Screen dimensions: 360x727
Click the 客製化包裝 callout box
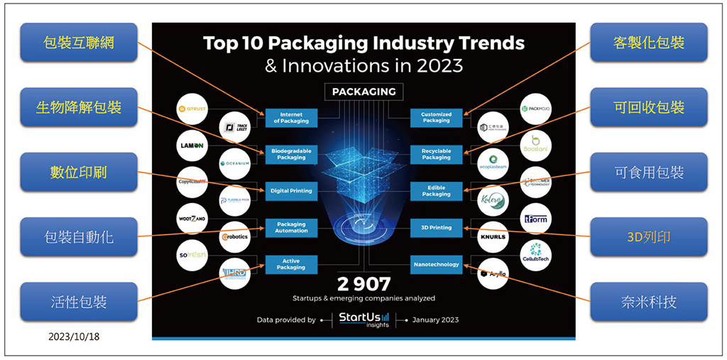point(648,43)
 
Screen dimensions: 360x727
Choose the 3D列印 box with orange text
point(648,236)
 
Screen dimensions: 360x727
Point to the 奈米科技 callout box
point(648,301)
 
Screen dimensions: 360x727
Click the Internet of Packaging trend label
point(291,117)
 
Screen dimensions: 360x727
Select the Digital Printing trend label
point(291,190)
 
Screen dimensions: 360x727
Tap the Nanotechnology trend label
point(436,264)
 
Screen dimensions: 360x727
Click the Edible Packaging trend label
point(436,190)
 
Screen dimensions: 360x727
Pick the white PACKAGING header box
point(363,92)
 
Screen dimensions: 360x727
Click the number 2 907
point(363,284)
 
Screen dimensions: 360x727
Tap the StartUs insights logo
point(363,319)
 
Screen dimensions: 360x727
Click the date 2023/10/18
point(74,337)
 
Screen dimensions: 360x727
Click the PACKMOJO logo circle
point(536,109)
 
